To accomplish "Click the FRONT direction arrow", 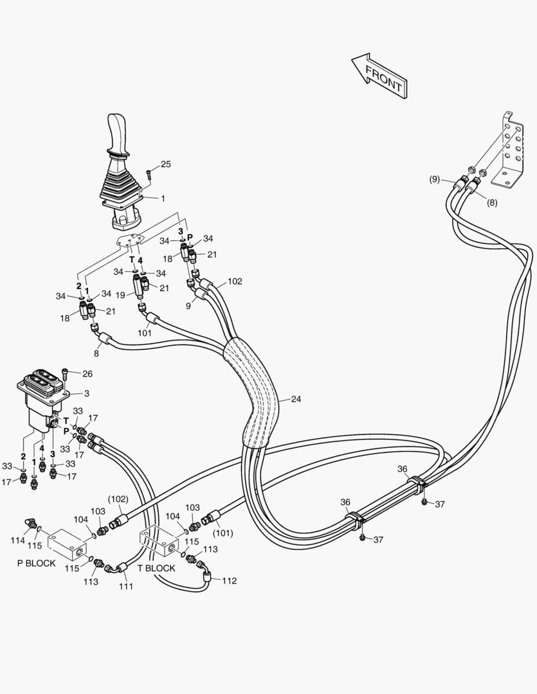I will pos(380,76).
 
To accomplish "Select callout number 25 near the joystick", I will pos(165,165).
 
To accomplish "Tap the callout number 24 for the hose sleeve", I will pos(296,399).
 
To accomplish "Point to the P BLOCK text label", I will pos(37,563).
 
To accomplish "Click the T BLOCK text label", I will pos(156,568).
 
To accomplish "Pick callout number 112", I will pos(229,581).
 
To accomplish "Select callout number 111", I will pos(126,585).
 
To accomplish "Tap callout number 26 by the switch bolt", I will pos(87,373).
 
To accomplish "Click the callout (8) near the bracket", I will pos(492,202).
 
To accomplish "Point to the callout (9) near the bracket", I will pos(435,179).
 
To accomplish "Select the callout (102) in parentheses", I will pos(117,498).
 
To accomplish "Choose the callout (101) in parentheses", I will pos(223,532).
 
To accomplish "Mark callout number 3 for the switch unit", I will pos(87,393).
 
